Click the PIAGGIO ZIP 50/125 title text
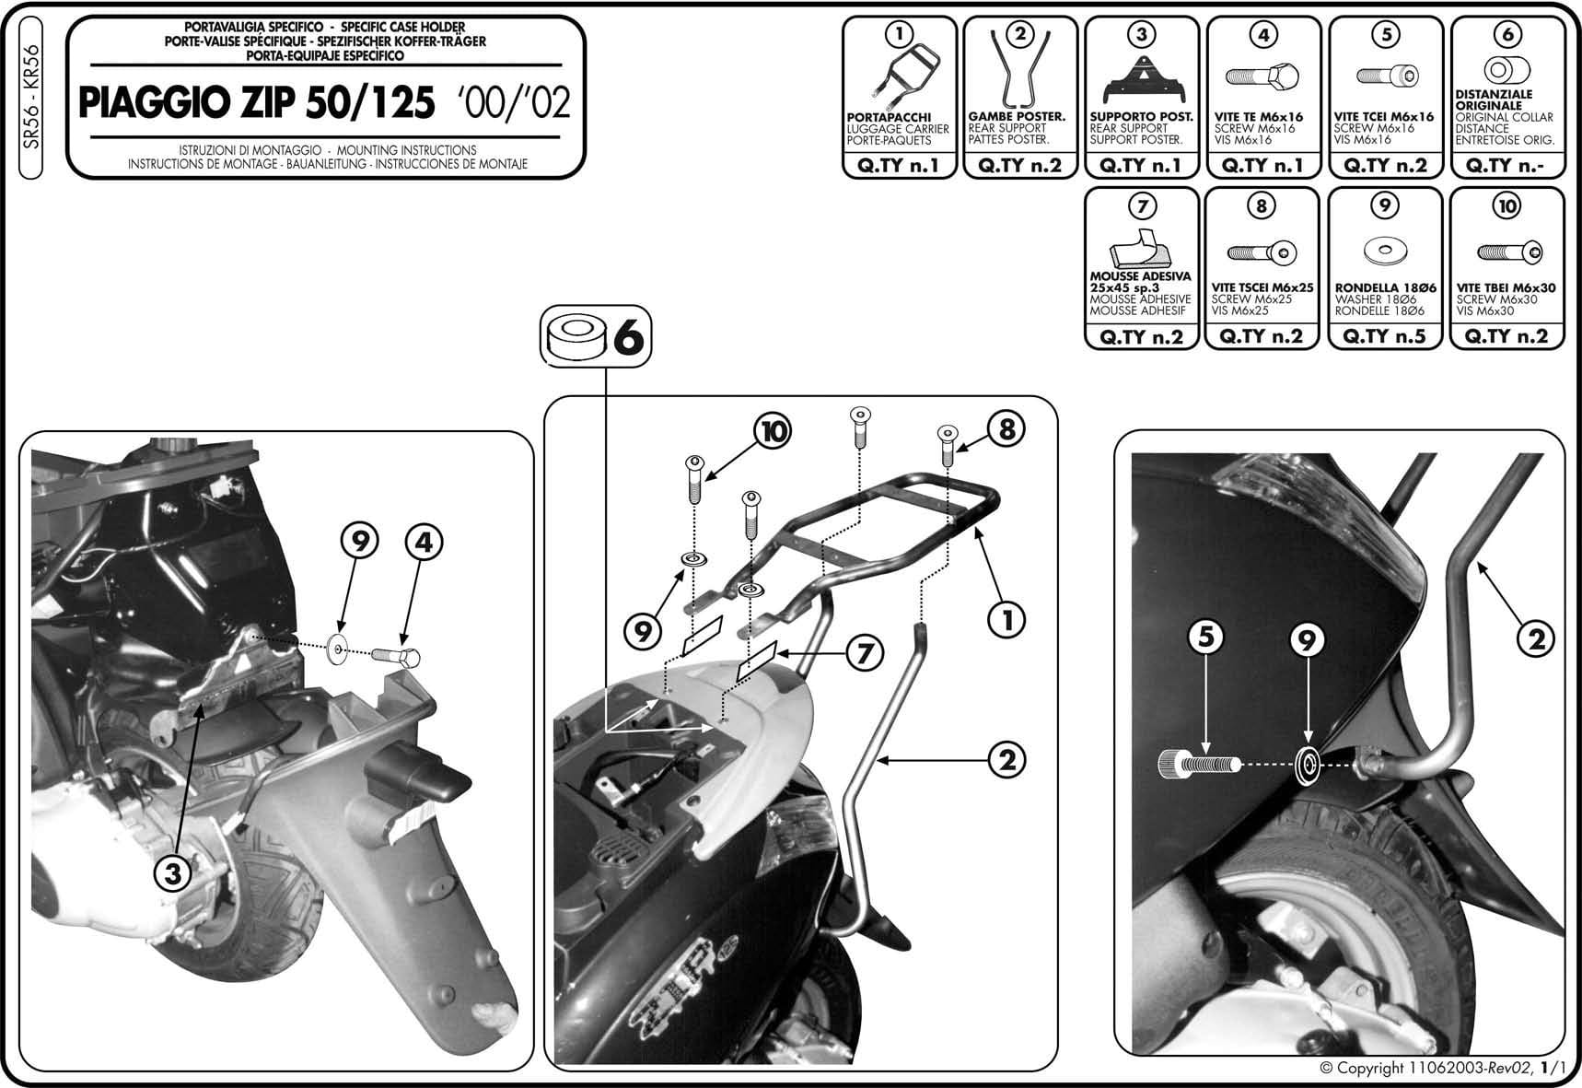pyautogui.click(x=256, y=103)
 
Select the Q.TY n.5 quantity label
pyautogui.click(x=1384, y=336)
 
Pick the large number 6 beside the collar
pyautogui.click(x=627, y=337)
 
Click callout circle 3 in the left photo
pyautogui.click(x=172, y=874)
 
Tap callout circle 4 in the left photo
pyautogui.click(x=423, y=543)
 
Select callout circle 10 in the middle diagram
pyautogui.click(x=774, y=431)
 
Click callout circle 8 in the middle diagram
pyautogui.click(x=1006, y=428)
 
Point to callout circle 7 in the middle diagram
pyautogui.click(x=864, y=653)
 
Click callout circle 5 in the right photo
pyautogui.click(x=1205, y=638)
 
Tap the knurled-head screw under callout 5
pyautogui.click(x=1198, y=764)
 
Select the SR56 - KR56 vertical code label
pyautogui.click(x=31, y=97)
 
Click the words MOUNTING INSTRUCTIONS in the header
pyautogui.click(x=406, y=149)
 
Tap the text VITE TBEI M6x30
pyautogui.click(x=1506, y=288)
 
